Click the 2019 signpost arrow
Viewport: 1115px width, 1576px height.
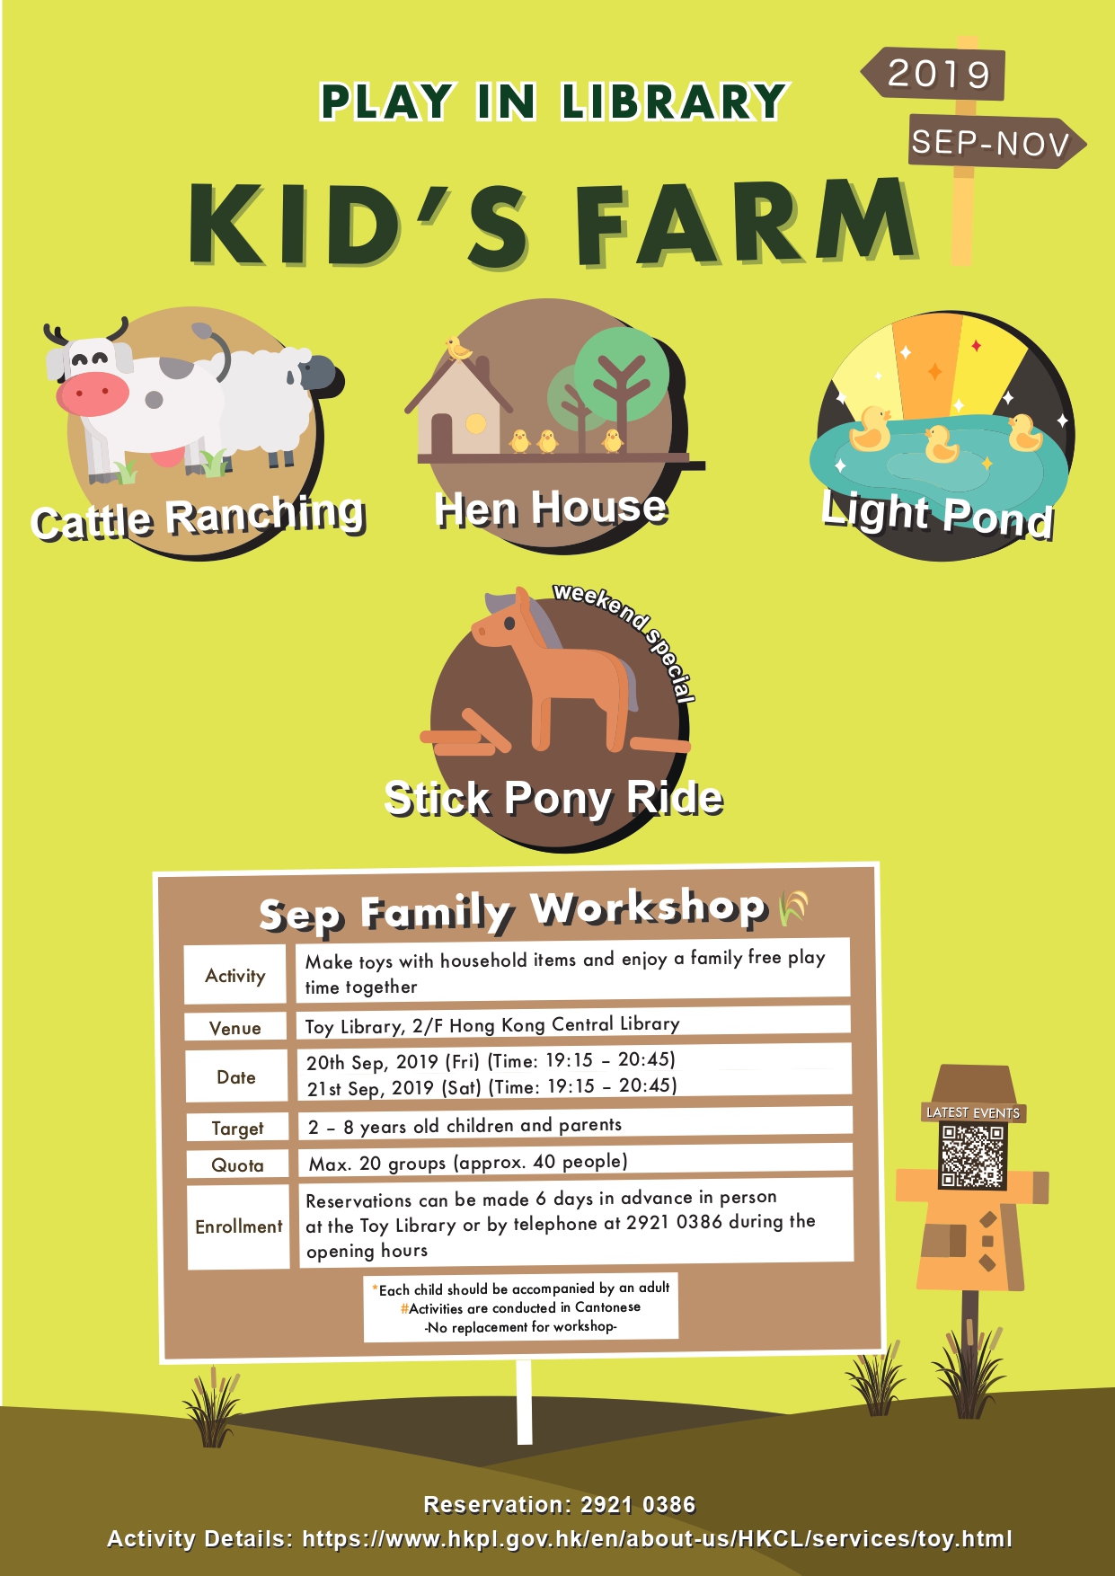(934, 73)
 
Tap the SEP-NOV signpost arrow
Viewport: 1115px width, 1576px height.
(996, 142)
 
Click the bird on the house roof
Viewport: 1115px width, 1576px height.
(459, 348)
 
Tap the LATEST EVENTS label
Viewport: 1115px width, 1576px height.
(973, 1112)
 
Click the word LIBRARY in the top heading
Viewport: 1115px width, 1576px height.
(674, 102)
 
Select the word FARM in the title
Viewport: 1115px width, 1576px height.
(744, 222)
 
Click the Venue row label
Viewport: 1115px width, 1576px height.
(235, 1028)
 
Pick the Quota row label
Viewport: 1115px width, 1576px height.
(237, 1165)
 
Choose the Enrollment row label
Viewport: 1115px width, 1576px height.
(238, 1226)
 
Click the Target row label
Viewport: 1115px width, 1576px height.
(237, 1129)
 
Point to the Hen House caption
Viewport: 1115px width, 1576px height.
(551, 509)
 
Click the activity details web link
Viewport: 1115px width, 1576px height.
(657, 1539)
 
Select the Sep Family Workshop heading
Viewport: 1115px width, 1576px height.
(512, 910)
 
